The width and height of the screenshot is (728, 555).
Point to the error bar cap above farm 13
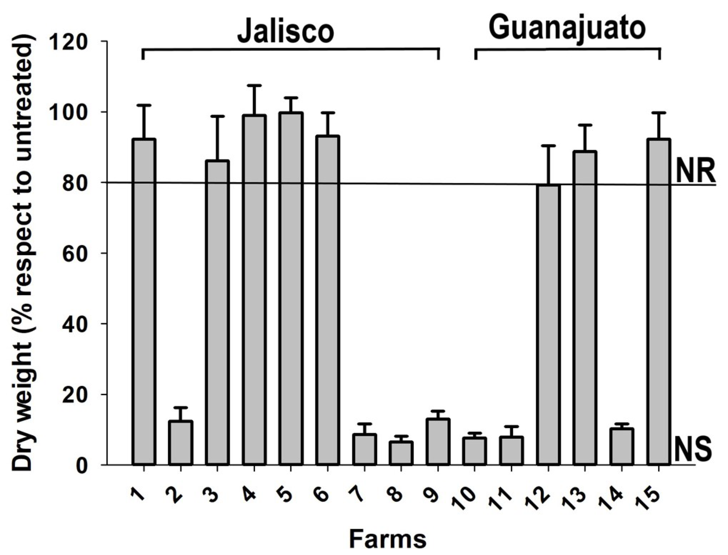pyautogui.click(x=585, y=125)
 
